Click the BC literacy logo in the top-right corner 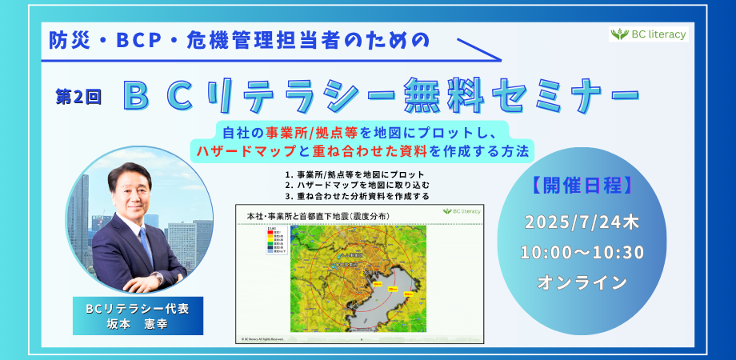click(x=648, y=34)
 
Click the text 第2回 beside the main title click(x=78, y=97)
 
